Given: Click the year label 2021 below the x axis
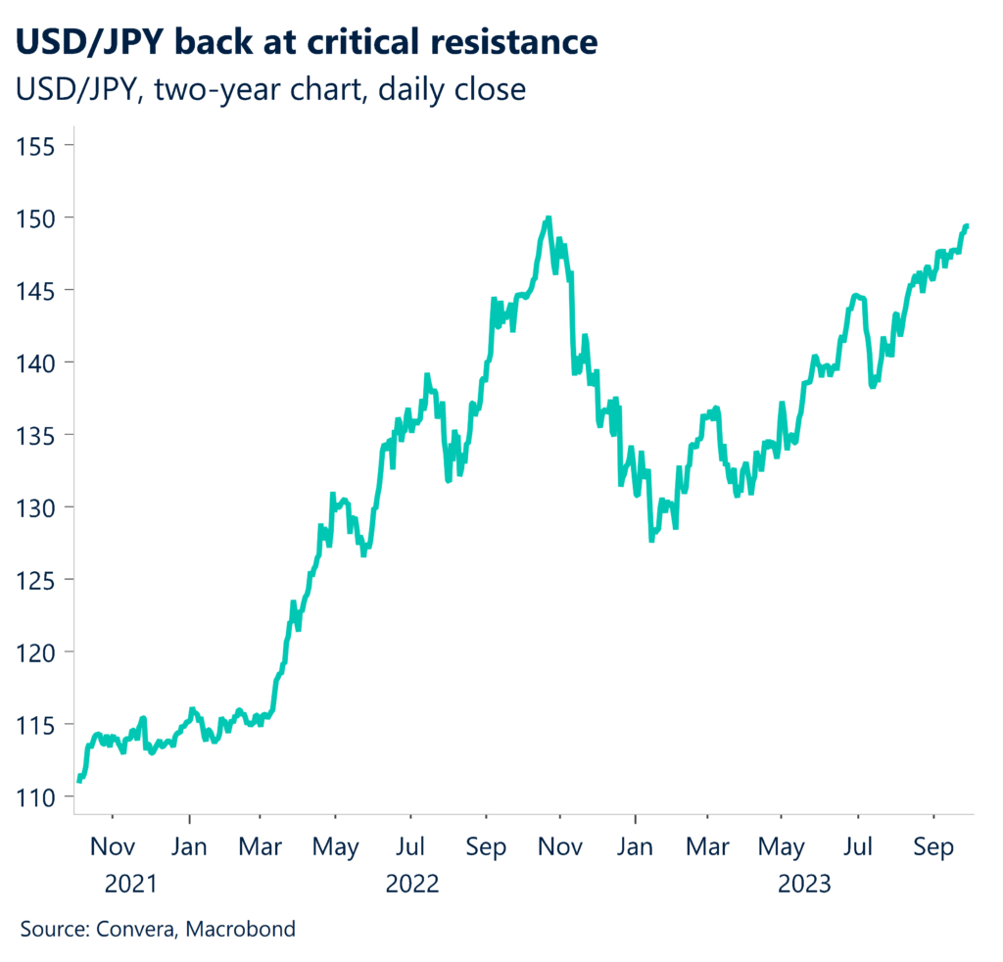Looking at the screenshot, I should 130,885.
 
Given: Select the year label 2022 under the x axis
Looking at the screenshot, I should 412,885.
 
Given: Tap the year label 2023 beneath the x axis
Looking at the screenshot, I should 804,885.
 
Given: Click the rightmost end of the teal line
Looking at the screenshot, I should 968,226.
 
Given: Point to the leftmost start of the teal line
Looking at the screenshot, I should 78,780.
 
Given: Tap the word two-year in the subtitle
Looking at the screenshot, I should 204,89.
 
